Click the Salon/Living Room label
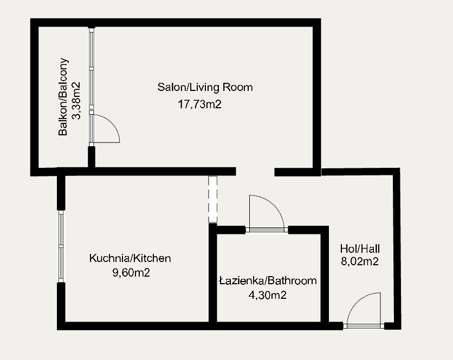click(205, 87)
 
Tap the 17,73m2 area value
click(200, 104)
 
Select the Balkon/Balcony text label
click(64, 96)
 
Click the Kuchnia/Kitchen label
click(130, 258)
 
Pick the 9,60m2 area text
click(131, 273)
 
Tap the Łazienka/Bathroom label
click(268, 281)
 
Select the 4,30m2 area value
click(267, 295)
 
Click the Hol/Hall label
click(360, 249)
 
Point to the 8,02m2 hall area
click(359, 262)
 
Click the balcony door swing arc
click(106, 128)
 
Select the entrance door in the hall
click(364, 311)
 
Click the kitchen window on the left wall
click(61, 246)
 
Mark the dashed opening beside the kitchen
click(212, 199)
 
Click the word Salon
click(170, 87)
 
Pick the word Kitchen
click(152, 258)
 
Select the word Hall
click(371, 249)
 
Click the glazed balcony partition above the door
click(92, 70)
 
